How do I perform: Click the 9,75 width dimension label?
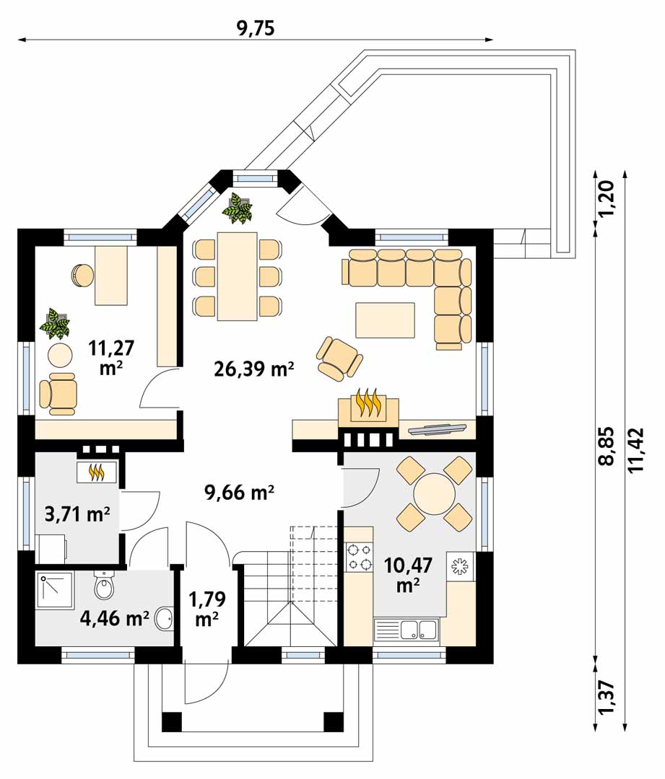256,28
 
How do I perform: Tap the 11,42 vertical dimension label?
636,450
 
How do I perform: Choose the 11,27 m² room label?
111,357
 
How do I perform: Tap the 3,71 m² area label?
77,514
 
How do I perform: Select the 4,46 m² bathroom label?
115,618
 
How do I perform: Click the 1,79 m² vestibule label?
207,609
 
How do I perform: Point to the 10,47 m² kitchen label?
408,575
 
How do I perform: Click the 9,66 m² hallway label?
239,493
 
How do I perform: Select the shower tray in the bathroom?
55,591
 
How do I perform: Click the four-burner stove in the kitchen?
359,557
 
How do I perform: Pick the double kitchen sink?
406,630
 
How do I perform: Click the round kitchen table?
434,494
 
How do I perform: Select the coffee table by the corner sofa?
384,320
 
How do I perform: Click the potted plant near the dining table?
238,208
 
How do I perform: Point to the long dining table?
238,276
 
